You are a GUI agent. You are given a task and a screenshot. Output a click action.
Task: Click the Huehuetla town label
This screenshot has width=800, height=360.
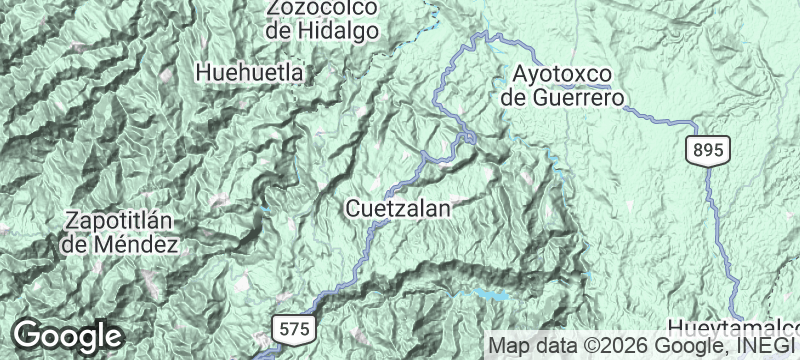tap(250, 72)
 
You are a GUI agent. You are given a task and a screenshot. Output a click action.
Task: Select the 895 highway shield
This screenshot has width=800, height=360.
tap(708, 149)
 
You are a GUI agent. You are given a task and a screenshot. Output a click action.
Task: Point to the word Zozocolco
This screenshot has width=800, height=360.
tap(322, 8)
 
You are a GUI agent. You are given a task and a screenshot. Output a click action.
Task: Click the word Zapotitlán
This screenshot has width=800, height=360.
tap(121, 220)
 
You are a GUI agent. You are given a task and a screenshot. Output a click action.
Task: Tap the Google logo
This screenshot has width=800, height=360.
tap(67, 335)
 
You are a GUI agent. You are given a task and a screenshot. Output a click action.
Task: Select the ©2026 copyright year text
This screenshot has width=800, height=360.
tap(609, 346)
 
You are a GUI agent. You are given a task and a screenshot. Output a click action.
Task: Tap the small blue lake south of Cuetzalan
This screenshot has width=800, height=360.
tap(488, 295)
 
